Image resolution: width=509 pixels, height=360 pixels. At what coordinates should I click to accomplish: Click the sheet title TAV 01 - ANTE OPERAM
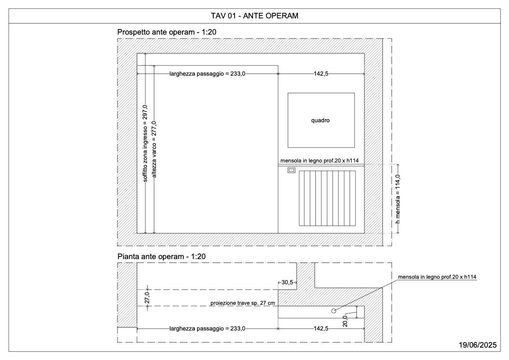(x=255, y=16)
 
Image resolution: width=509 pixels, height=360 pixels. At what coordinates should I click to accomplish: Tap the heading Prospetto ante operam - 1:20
(x=167, y=32)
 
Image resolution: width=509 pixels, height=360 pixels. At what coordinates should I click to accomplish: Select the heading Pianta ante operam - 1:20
(x=162, y=257)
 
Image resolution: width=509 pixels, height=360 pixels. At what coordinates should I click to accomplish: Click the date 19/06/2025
(x=477, y=345)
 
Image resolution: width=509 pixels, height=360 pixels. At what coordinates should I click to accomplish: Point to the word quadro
(x=321, y=121)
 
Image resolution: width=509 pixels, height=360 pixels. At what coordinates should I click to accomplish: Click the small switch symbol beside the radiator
(x=291, y=170)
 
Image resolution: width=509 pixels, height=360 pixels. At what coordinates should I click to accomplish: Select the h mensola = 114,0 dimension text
(x=397, y=199)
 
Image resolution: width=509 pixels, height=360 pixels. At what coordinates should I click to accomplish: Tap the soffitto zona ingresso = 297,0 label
(x=145, y=143)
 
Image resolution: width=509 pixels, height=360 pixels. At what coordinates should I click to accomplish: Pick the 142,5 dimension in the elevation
(x=321, y=74)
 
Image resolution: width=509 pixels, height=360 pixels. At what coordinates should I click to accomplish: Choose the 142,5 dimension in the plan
(x=321, y=328)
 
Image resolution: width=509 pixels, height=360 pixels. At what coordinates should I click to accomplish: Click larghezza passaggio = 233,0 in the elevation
(x=207, y=74)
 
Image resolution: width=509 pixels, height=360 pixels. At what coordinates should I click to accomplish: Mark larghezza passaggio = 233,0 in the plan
(x=207, y=328)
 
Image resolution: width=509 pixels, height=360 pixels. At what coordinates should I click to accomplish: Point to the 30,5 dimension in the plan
(x=287, y=283)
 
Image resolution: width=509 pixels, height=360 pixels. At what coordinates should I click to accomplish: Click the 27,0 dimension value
(x=147, y=298)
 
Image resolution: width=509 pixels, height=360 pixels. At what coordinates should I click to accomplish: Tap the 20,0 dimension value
(x=345, y=321)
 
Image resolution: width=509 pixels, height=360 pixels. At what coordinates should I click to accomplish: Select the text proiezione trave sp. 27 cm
(x=242, y=303)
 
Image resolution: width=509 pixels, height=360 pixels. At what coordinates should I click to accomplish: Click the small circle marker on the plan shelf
(x=334, y=311)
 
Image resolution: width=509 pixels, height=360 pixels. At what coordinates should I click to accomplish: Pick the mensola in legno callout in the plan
(x=437, y=277)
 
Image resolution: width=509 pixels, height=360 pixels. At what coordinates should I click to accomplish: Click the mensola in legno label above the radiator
(x=319, y=161)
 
